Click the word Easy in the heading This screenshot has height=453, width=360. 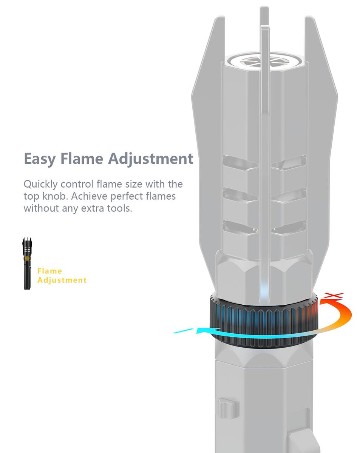(40, 159)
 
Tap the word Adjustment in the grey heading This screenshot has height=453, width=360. (150, 159)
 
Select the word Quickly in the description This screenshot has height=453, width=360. (40, 185)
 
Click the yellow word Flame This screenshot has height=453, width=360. (50, 271)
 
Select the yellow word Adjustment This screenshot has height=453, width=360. (62, 280)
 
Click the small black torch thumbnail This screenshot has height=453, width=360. (27, 263)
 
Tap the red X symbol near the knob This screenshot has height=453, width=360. (334, 295)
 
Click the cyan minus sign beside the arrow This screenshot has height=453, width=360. (183, 330)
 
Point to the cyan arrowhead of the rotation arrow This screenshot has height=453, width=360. (203, 330)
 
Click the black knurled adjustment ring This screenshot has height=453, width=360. (263, 323)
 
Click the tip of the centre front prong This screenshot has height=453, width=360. (265, 26)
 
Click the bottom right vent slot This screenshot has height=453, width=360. (289, 228)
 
